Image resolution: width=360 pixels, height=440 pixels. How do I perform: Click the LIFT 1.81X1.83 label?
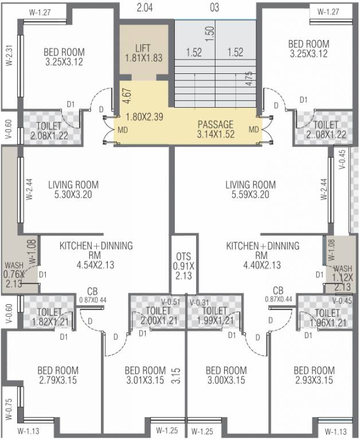(143, 52)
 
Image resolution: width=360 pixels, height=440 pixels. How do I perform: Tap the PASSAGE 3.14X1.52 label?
(216, 129)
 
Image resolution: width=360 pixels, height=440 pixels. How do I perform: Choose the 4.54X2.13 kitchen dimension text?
(96, 265)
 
